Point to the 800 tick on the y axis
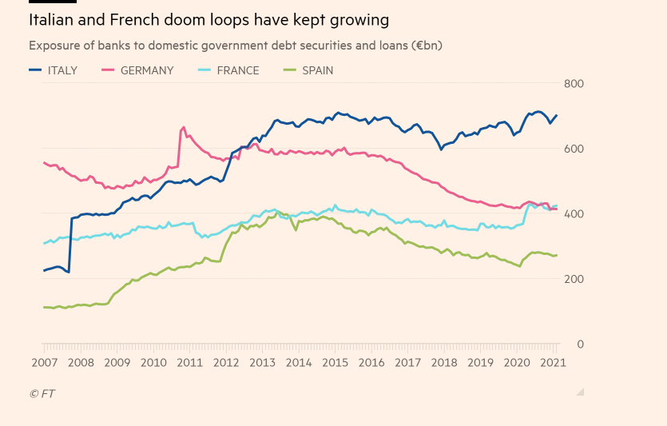click(574, 84)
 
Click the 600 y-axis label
click(574, 149)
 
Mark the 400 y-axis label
click(574, 214)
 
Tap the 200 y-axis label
click(574, 279)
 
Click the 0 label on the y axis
click(580, 344)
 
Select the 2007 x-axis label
click(43, 362)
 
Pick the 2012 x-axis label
click(225, 362)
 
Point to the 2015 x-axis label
click(335, 362)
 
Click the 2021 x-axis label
click(554, 362)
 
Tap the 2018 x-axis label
click(444, 362)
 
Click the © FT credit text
click(42, 393)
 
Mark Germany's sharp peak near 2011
click(184, 127)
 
